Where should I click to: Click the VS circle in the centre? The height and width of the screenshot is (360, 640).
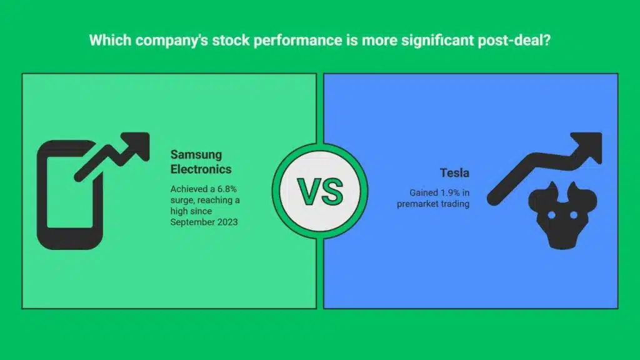[320, 191]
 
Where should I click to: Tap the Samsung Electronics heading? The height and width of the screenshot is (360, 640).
[201, 162]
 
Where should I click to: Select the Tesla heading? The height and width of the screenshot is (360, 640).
[454, 172]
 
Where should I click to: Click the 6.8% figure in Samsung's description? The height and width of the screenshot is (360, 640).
[227, 189]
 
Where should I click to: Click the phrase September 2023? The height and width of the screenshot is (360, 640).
[204, 222]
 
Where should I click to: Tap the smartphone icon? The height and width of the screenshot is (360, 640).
[70, 195]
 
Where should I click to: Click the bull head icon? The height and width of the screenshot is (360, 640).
[562, 215]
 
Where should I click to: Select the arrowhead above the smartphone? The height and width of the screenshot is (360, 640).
[136, 146]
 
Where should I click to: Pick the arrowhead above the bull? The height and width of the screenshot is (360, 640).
[588, 147]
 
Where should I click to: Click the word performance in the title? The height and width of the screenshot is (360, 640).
[298, 41]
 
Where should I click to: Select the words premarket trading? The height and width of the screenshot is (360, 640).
[433, 204]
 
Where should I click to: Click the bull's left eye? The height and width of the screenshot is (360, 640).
[551, 215]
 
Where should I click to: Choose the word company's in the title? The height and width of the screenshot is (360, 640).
[172, 41]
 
